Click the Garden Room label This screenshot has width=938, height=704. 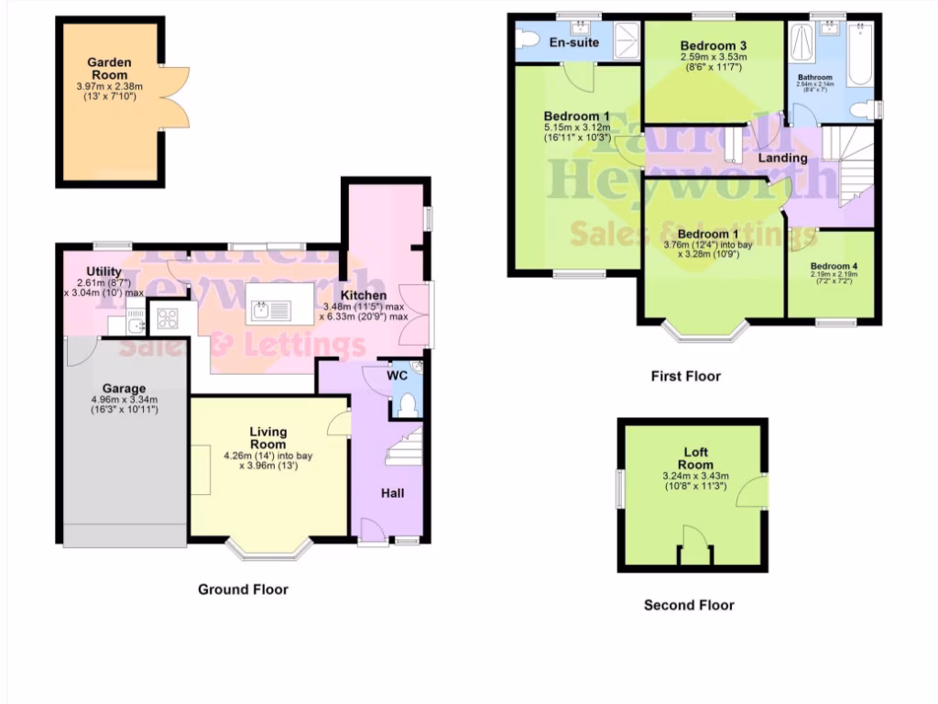pos(109,69)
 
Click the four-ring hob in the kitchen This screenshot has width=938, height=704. pos(169,319)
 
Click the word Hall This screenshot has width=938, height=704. pos(393,493)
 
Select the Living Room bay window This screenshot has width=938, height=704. pos(269,549)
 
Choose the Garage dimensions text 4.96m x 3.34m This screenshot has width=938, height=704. pos(125,400)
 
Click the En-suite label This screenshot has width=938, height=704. pos(573,42)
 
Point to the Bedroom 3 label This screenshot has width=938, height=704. pos(713,46)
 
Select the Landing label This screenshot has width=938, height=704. pos(783,158)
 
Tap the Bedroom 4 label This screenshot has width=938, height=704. pos(834,267)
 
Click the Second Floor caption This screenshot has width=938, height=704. pos(689,605)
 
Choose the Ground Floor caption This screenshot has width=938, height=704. pos(243,589)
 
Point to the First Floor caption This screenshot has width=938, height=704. pos(685,376)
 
